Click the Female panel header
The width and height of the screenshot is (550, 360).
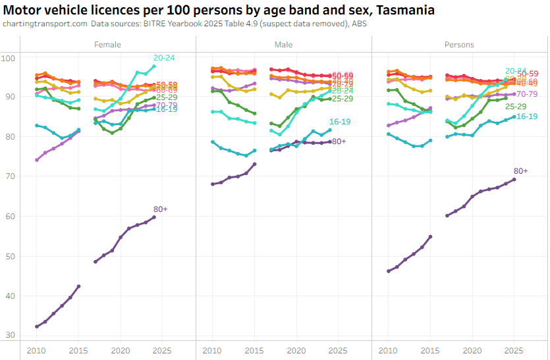[107, 45]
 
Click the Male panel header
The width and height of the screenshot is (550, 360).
[284, 45]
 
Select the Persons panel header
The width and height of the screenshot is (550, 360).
[460, 45]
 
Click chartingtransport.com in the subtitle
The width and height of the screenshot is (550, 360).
[45, 24]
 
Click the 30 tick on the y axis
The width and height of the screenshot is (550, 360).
[11, 336]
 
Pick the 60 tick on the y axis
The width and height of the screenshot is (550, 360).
[11, 217]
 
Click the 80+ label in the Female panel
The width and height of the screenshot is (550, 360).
[160, 209]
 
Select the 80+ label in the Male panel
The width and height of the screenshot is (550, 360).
[339, 141]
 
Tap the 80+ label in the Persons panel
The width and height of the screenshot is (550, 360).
[521, 171]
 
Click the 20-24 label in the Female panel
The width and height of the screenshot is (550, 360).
[164, 58]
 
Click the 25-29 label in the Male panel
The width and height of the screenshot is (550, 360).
[343, 99]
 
